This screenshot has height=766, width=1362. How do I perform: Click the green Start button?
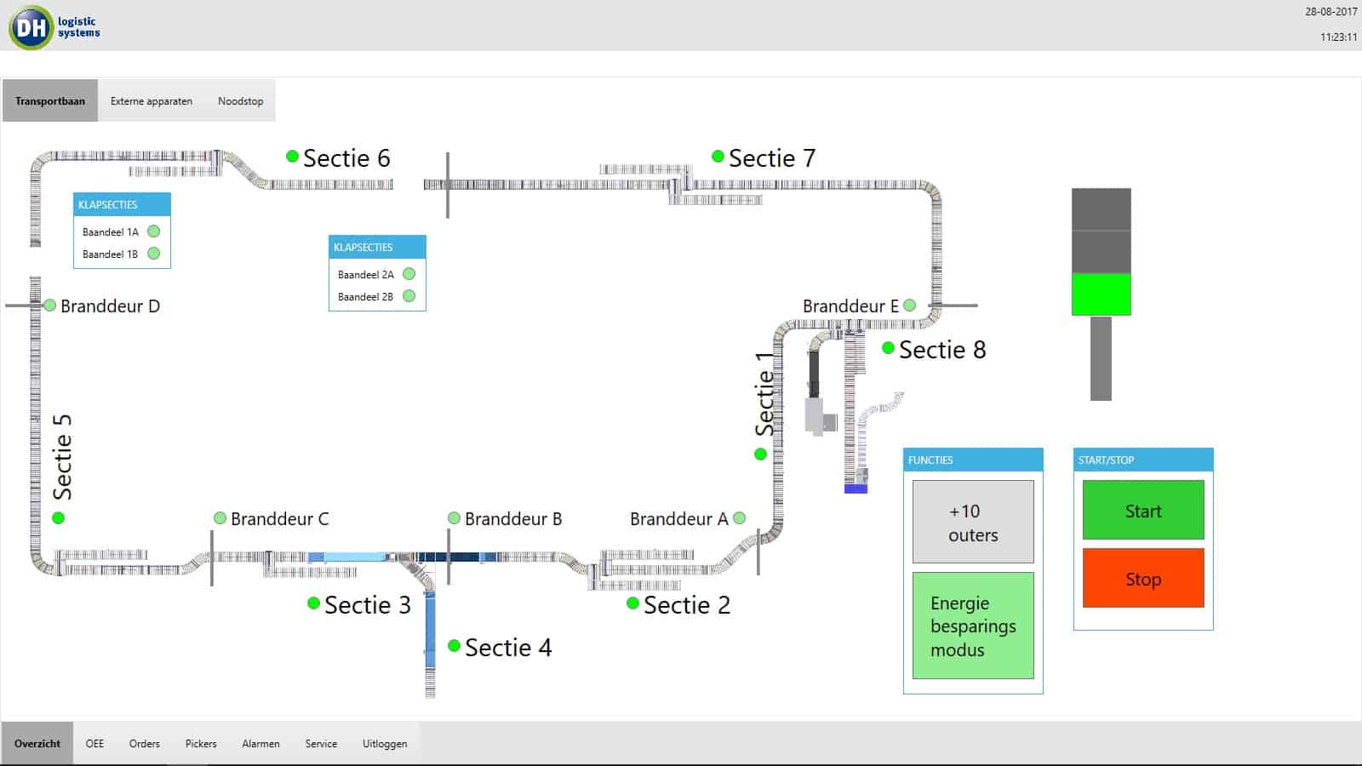tap(1142, 510)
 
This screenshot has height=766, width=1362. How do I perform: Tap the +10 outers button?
tap(973, 522)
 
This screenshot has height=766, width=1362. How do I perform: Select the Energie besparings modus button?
tap(973, 626)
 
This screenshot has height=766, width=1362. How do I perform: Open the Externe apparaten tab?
tap(152, 100)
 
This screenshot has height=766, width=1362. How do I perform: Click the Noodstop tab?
tap(240, 100)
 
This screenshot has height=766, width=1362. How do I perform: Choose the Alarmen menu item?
tap(260, 743)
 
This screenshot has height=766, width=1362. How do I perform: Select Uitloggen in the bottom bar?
tap(385, 743)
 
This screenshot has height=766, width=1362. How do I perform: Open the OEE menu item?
tap(94, 743)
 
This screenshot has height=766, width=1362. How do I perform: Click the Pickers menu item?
tap(201, 743)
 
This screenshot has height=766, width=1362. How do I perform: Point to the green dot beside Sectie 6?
tap(292, 157)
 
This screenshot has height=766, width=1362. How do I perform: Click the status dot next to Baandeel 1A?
tap(154, 232)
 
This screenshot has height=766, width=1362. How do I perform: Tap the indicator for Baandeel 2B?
tap(409, 296)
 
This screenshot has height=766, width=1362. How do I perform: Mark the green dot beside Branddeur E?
tap(910, 305)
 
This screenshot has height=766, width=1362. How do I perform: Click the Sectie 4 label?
tap(508, 648)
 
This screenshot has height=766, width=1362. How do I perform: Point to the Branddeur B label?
tap(513, 519)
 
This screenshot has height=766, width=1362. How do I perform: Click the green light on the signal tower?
tap(1101, 294)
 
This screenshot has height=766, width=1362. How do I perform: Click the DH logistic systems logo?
tap(54, 27)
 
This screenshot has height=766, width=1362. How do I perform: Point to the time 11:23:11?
tap(1338, 37)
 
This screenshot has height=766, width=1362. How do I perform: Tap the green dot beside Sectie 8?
tap(888, 348)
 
